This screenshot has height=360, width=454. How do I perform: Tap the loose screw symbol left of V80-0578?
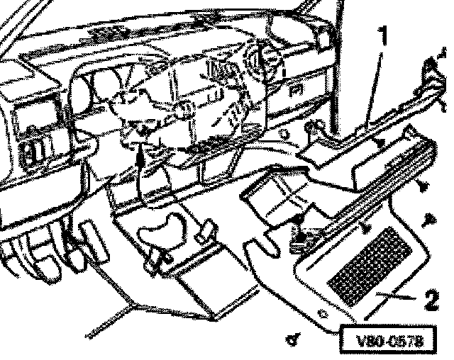point(291,339)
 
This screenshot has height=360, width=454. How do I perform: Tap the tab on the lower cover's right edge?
point(206,230)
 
